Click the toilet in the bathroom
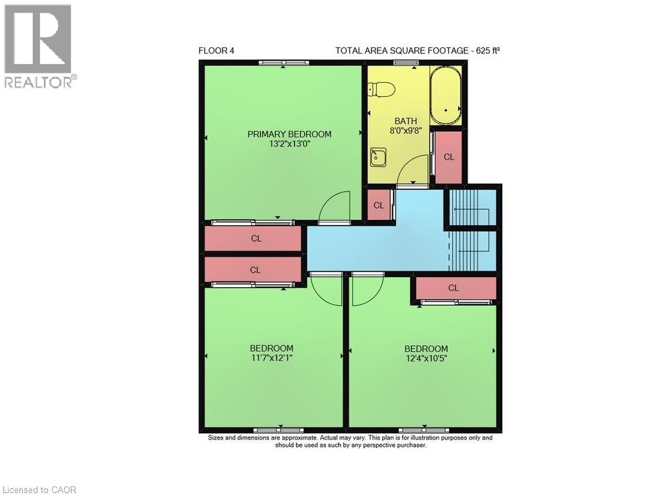click(x=383, y=90)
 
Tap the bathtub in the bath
click(x=445, y=96)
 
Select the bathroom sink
click(x=378, y=157)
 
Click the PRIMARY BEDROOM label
click(x=289, y=134)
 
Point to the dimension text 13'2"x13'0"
click(x=289, y=144)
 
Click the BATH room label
click(x=405, y=121)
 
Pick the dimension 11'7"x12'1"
click(x=271, y=358)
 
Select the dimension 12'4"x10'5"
click(x=426, y=358)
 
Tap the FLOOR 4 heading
click(x=216, y=51)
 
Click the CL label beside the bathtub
click(x=449, y=157)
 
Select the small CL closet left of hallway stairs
click(x=379, y=206)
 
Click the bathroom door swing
click(x=413, y=170)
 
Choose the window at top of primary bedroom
click(x=284, y=63)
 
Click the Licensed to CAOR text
click(x=40, y=490)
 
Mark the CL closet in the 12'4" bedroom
click(x=454, y=288)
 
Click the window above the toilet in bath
click(x=404, y=63)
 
